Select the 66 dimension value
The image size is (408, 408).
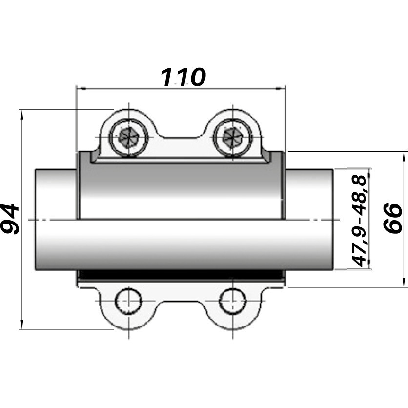[x=392, y=219]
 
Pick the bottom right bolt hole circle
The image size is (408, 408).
[x=232, y=302]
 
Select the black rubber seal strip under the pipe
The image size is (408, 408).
[x=181, y=275]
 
